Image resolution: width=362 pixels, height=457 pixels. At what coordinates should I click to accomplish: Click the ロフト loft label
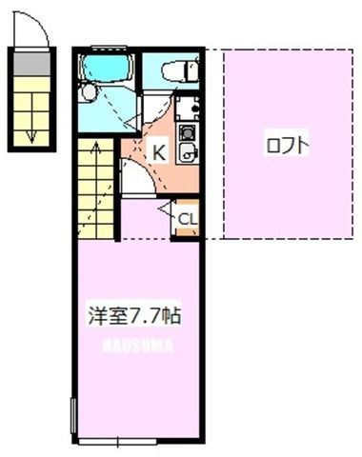[x=288, y=146]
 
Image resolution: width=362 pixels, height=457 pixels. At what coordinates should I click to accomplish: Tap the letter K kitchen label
[x=159, y=152]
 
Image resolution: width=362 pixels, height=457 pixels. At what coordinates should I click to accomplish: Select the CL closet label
[x=188, y=219]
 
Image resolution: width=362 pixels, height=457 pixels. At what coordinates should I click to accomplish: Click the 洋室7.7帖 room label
[x=134, y=315]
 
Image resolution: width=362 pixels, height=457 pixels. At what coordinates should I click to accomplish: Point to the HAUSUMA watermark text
[x=137, y=346]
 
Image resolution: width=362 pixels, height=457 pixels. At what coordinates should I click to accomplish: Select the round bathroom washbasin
[x=89, y=92]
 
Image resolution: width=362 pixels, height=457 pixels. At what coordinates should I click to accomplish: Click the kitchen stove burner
[x=186, y=132]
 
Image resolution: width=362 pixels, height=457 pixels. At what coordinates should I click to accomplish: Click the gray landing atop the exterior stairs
[x=31, y=64]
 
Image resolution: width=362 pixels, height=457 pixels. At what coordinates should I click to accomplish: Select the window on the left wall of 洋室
[x=73, y=416]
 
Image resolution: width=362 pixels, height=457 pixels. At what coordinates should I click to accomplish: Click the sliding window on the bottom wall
[x=117, y=441]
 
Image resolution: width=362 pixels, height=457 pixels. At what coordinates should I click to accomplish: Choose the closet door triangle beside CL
[x=165, y=209]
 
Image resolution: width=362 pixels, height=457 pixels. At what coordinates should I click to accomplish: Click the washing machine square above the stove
[x=187, y=107]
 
